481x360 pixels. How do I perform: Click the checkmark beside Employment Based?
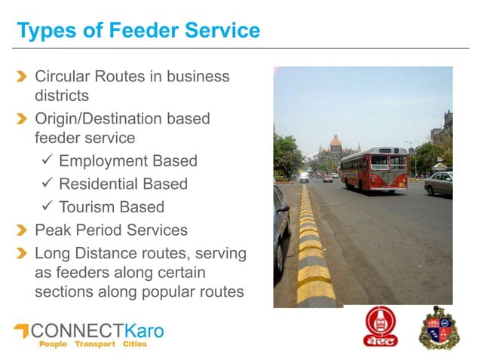pos(47,161)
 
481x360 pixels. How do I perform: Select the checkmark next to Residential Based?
pos(47,184)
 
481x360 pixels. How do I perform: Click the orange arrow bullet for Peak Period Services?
pos(23,230)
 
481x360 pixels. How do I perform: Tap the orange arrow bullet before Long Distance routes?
pos(23,253)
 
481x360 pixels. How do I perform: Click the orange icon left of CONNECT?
pos(21,331)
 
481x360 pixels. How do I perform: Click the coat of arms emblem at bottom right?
pos(437,327)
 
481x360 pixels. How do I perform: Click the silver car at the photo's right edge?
pos(440,183)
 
